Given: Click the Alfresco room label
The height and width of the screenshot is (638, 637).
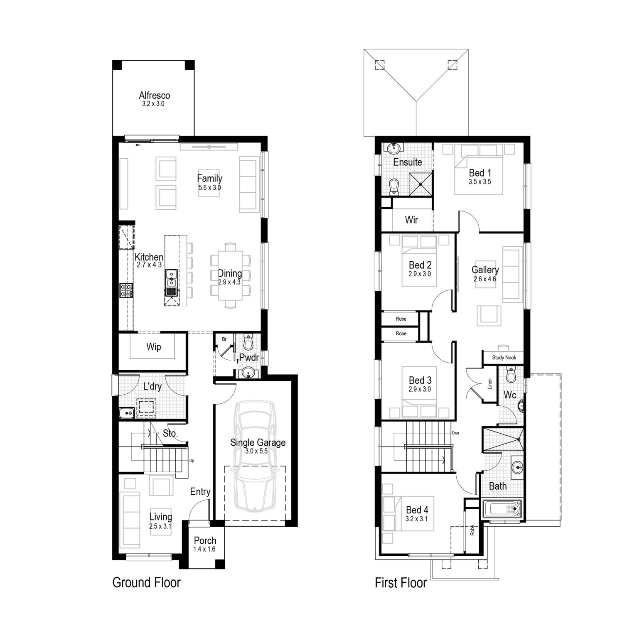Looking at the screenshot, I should (154, 96).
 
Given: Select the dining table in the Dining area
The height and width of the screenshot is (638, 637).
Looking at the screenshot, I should (230, 275).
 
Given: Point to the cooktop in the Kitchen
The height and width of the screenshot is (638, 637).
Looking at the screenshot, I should (126, 290).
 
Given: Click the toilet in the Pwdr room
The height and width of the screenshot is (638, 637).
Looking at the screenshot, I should (248, 342).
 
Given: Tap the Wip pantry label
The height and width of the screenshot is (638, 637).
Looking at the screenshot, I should (153, 347).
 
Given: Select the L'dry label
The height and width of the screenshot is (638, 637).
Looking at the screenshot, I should (152, 387).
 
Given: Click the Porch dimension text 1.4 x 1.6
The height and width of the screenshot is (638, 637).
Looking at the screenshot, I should (205, 549).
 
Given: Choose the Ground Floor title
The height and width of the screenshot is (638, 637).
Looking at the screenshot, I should (146, 582).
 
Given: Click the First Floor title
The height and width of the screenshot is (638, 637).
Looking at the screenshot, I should (401, 583).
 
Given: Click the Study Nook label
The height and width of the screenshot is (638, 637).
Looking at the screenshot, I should (504, 358).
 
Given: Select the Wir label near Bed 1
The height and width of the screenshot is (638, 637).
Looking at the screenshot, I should (411, 220).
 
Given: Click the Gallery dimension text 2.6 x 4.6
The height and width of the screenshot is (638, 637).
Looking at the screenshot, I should (485, 279).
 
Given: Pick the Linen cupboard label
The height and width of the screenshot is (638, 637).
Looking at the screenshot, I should (490, 383).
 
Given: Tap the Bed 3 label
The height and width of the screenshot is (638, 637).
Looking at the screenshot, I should (420, 380).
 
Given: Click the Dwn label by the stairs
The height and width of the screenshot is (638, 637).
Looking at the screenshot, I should (455, 433).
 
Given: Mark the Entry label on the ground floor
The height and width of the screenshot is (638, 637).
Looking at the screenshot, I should (200, 492).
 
